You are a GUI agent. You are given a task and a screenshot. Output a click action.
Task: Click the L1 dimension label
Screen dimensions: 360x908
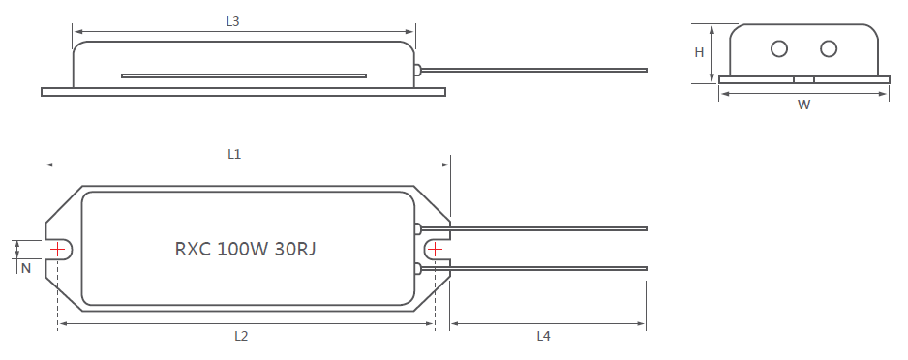point(234,153)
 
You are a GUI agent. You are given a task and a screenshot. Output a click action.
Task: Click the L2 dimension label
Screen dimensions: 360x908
point(241,336)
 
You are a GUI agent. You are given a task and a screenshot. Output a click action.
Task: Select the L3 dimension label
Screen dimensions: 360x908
point(232,21)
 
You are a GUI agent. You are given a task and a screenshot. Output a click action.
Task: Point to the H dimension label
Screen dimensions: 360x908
point(699,53)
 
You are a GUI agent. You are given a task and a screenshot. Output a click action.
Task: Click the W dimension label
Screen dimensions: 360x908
point(803,105)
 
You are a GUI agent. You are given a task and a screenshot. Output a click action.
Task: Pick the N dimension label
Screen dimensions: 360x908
point(26,268)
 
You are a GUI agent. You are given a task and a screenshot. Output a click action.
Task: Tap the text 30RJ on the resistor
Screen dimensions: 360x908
point(294,249)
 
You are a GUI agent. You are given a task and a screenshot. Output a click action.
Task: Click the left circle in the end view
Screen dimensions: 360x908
point(778,48)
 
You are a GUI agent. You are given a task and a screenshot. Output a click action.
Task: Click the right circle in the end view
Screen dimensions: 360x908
point(829,48)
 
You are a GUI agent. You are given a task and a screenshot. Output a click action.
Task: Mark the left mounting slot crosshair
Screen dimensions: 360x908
point(58,249)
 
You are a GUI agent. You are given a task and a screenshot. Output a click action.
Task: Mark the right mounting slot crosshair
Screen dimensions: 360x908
point(435,249)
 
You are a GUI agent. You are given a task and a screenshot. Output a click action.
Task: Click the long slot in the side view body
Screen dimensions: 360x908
point(243,75)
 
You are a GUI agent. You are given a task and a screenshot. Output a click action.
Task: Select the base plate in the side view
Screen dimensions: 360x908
point(243,92)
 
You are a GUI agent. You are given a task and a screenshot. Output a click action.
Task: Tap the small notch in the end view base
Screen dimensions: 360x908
point(803,79)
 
